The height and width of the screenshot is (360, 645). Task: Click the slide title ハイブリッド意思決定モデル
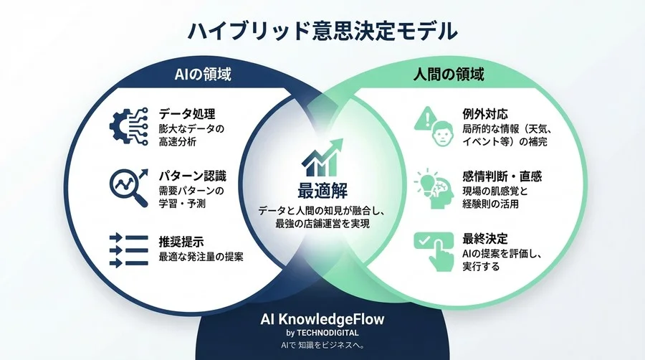322,31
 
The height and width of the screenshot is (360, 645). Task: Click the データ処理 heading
187,114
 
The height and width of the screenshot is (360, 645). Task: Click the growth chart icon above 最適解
322,159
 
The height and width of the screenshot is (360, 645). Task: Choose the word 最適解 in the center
322,191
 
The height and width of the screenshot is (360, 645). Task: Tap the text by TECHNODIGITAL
322,333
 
